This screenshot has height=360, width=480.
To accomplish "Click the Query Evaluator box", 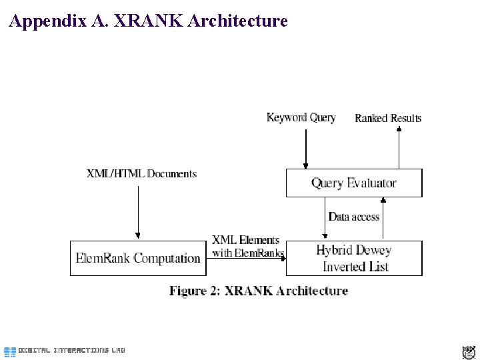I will click(354, 183).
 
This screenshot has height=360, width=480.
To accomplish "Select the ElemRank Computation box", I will click(138, 258).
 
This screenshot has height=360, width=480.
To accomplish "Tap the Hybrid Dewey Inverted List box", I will click(354, 258).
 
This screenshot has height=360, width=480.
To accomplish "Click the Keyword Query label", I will click(301, 118).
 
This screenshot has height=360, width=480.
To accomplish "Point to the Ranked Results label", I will click(388, 119).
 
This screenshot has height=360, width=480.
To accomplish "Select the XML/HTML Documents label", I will click(142, 174).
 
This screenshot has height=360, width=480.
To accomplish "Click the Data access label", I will click(354, 217).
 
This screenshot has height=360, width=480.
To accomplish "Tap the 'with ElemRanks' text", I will click(247, 253).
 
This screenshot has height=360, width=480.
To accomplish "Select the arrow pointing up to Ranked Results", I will click(399, 148).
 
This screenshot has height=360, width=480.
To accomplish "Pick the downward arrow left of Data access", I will click(325, 219).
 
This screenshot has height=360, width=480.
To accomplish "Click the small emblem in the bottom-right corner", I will click(468, 352).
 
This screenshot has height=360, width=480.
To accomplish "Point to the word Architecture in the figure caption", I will click(313, 291).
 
